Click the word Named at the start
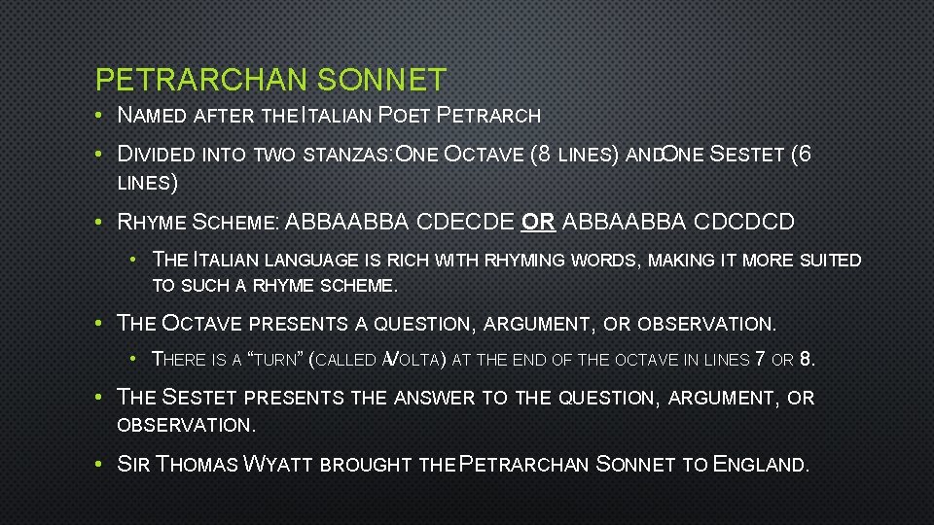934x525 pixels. click(152, 116)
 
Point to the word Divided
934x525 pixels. click(157, 154)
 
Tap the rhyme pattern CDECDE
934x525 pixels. click(464, 222)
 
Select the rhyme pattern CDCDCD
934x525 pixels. click(746, 222)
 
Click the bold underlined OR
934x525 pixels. click(538, 222)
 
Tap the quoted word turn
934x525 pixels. click(275, 360)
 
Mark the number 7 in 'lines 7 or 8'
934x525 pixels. click(760, 359)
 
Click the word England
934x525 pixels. click(760, 465)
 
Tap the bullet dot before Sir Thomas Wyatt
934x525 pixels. click(101, 465)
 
